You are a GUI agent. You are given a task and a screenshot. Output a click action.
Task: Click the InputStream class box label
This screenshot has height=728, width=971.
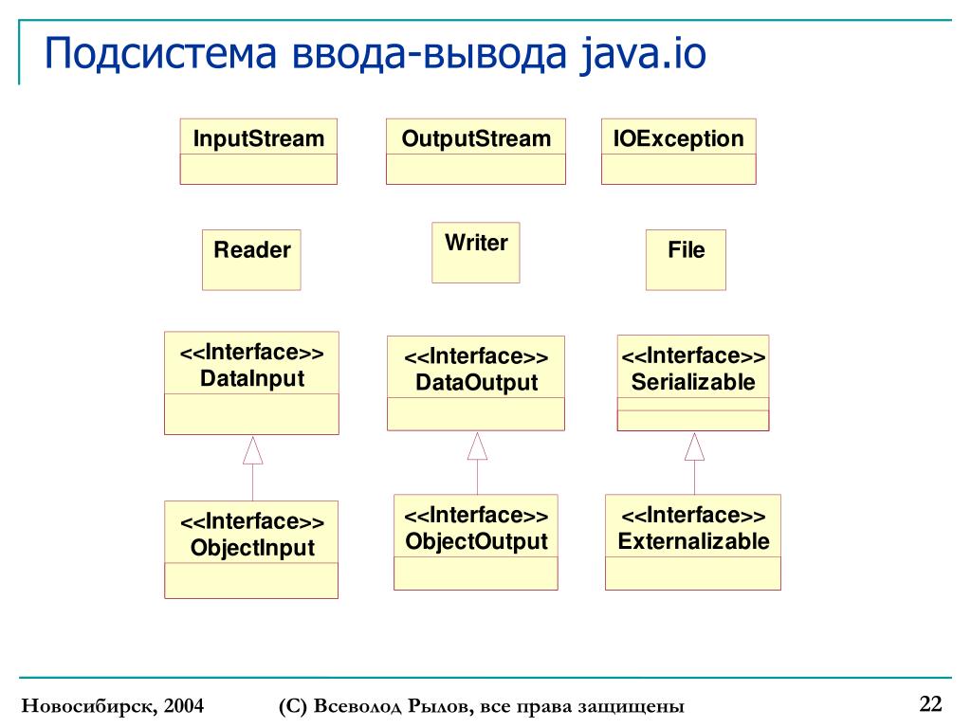tap(258, 139)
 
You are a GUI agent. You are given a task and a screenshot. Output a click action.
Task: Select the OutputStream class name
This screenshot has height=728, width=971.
tap(475, 139)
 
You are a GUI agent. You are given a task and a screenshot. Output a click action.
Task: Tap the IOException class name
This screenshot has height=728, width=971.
tap(678, 139)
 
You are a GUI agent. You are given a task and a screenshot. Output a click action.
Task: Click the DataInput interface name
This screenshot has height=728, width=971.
tap(252, 379)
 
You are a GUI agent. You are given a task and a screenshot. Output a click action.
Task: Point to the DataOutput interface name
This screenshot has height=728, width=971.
tap(476, 383)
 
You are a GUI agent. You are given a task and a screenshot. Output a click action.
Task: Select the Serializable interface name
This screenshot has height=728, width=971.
tap(693, 382)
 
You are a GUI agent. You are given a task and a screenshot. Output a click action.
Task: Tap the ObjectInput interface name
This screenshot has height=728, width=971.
tap(252, 548)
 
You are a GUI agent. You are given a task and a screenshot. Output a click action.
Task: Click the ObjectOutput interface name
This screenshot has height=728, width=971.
tap(476, 541)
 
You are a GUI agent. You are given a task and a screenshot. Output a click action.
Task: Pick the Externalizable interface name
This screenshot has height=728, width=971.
tap(693, 541)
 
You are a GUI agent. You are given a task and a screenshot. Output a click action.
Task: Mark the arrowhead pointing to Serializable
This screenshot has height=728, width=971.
tap(695, 446)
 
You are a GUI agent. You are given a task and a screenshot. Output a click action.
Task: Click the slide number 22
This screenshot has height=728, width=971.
tap(930, 703)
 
